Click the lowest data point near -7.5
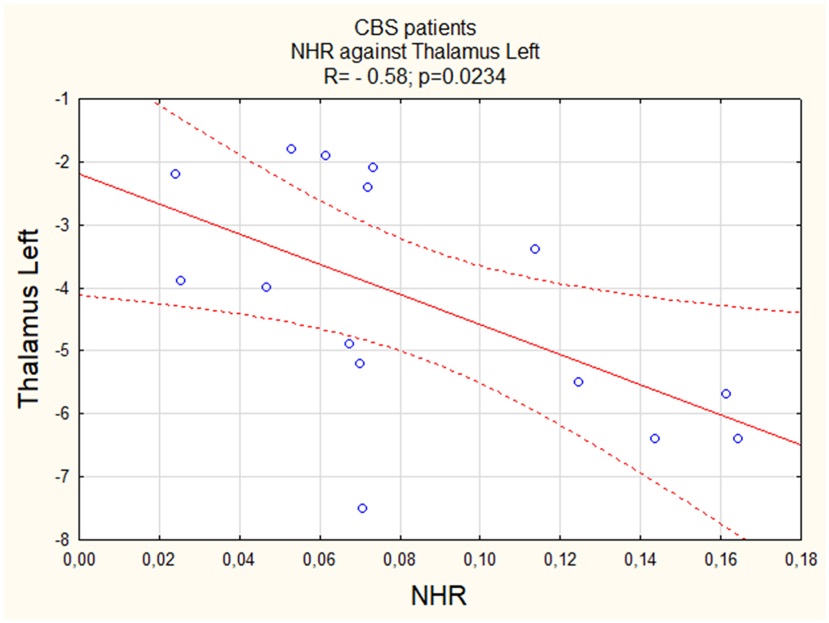[362, 508]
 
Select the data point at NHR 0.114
[535, 249]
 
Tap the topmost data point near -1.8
[291, 149]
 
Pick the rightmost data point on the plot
[738, 438]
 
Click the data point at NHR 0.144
[655, 438]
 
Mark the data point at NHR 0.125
[579, 382]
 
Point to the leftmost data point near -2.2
[175, 174]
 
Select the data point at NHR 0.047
[266, 287]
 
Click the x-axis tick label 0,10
[480, 560]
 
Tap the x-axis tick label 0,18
[800, 560]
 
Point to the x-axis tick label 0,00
[79, 560]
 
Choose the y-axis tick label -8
[62, 539]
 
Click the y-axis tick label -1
[62, 99]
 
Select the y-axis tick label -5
[62, 351]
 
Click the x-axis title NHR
[439, 596]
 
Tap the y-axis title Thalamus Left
[28, 319]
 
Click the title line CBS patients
[415, 27]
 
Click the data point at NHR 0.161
[726, 394]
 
